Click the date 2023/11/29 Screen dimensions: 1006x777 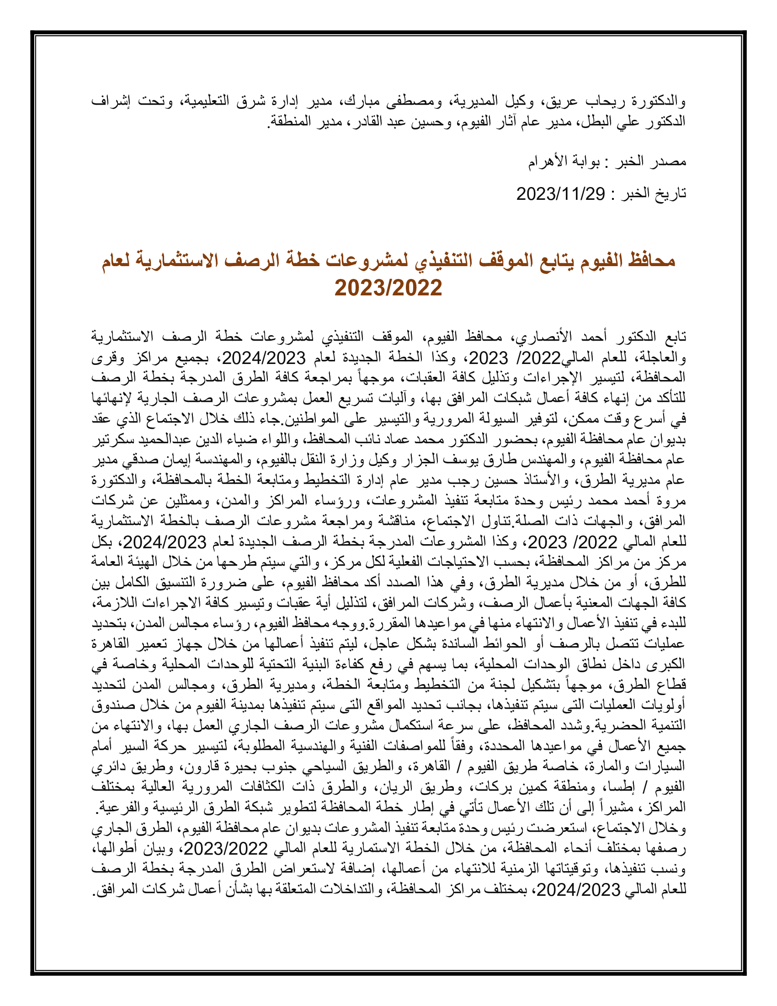click(x=560, y=194)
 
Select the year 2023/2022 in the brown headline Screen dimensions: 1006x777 click(x=388, y=288)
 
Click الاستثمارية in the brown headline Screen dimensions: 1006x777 click(x=181, y=261)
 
